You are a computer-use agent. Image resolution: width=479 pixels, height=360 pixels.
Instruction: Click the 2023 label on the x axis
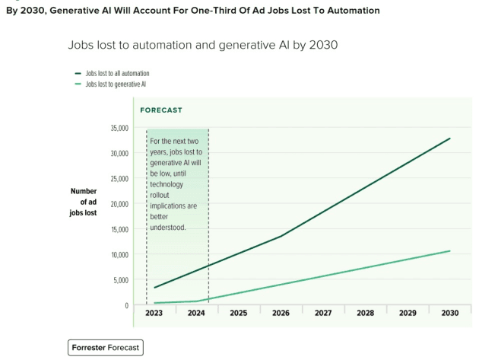click(154, 313)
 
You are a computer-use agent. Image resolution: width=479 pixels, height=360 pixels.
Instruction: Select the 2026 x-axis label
click(281, 313)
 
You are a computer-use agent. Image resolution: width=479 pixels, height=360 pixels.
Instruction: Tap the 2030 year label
click(449, 313)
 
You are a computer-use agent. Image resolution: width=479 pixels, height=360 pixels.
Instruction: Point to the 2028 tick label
click(365, 313)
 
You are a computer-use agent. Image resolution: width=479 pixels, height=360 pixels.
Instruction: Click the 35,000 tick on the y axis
click(116, 128)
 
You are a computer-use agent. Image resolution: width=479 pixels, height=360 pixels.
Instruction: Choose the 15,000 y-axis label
click(116, 229)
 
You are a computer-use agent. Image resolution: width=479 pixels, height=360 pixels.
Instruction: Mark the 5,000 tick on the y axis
click(118, 280)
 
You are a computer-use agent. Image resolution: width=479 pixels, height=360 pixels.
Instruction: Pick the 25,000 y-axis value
click(116, 179)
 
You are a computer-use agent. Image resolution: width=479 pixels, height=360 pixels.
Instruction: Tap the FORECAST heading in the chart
click(161, 110)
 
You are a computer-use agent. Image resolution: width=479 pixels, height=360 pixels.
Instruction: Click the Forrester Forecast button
click(106, 347)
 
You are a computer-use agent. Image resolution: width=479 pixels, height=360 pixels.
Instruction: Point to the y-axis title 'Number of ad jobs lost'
click(84, 202)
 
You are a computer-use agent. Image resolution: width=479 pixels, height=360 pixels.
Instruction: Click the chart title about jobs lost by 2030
click(202, 45)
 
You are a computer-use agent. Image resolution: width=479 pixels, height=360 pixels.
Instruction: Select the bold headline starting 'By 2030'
click(192, 11)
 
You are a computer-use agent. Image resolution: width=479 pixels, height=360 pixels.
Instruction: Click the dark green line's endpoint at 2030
click(450, 139)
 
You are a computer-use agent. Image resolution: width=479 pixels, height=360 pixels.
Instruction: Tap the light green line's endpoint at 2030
click(450, 250)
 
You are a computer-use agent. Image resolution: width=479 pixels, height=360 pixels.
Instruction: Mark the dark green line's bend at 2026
click(281, 236)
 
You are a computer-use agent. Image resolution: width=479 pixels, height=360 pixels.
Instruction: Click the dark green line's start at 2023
click(154, 288)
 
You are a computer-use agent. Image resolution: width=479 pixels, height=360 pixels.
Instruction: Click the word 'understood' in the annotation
click(168, 227)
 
